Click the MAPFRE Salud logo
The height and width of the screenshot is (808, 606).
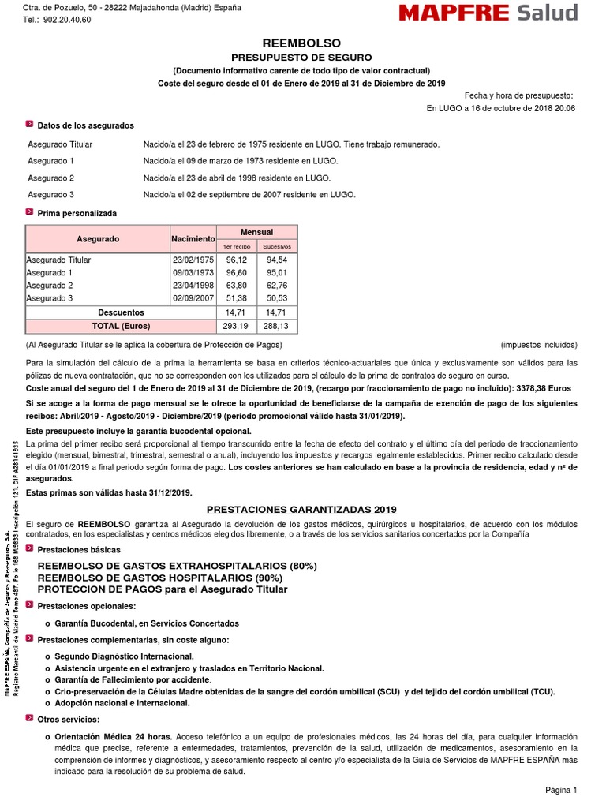tap(488, 13)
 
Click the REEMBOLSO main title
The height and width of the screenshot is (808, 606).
tap(301, 43)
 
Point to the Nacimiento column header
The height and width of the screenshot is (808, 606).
tap(193, 238)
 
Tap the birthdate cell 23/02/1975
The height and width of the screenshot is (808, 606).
tap(193, 260)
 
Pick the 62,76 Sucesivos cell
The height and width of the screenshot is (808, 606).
tap(277, 285)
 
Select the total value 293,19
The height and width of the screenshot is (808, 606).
tap(236, 325)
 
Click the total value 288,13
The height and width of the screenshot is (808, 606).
tap(277, 325)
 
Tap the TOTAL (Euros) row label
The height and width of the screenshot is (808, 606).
tap(121, 325)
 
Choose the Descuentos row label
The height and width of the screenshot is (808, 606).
tap(121, 312)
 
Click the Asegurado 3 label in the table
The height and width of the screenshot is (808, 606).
tap(50, 298)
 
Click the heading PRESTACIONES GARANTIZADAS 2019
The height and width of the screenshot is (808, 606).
tap(301, 510)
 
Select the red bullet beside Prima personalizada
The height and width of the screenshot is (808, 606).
tap(29, 212)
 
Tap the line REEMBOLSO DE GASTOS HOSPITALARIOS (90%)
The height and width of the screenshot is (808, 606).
tap(173, 578)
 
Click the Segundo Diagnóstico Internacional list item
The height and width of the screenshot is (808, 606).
tap(124, 656)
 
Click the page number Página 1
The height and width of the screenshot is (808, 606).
tap(561, 790)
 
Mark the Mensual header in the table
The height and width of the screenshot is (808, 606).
tap(257, 232)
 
